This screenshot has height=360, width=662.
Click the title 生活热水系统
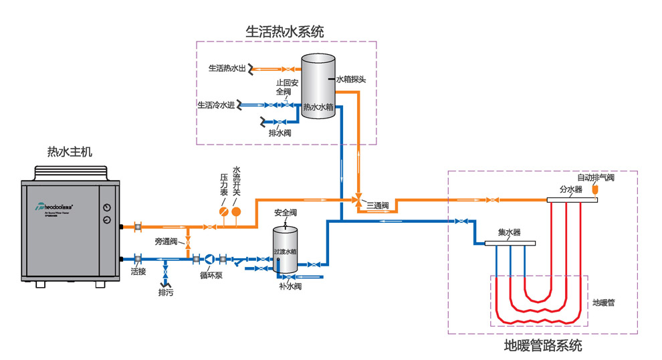tap(285, 31)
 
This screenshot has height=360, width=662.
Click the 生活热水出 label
tap(227, 68)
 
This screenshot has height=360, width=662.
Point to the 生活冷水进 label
tap(216, 105)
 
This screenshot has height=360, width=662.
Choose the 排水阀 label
tap(280, 133)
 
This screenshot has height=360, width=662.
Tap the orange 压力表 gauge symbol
tap(224, 211)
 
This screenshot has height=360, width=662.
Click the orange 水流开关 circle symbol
tap(236, 211)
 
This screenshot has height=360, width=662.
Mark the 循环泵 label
tap(211, 274)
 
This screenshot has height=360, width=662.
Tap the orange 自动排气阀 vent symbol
tap(597, 191)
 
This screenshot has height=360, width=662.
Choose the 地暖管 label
tap(604, 302)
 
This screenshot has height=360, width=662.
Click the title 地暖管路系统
tap(542, 346)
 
